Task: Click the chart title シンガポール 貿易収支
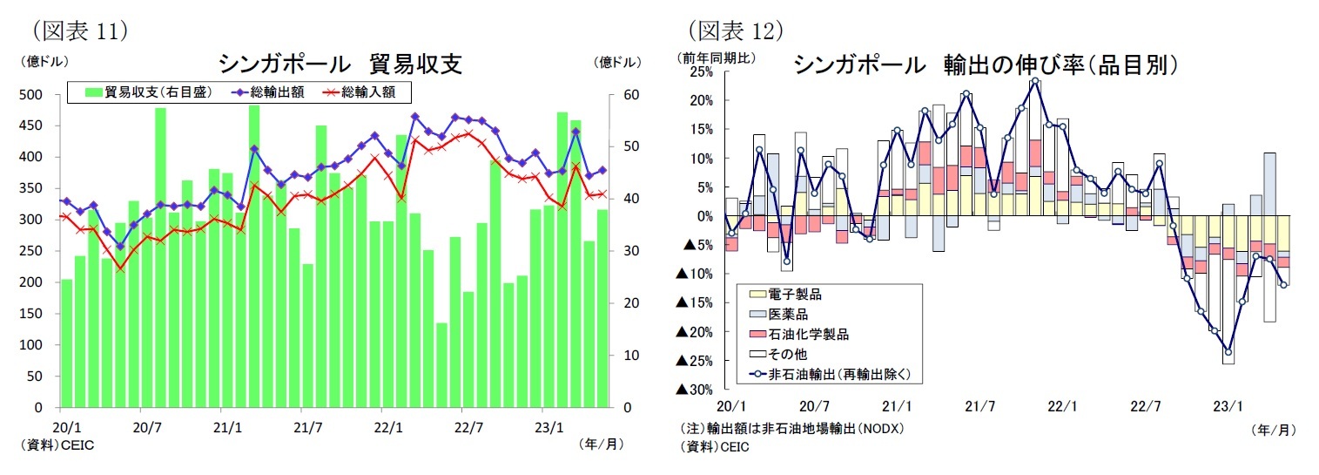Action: pos(340,64)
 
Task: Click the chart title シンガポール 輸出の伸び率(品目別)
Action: pos(986,64)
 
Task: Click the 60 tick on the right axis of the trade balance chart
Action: pos(632,94)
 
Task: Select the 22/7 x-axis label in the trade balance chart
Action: pos(468,427)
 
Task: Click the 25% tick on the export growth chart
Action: pos(701,71)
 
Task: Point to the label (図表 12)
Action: pos(737,31)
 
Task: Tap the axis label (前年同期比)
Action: pos(717,58)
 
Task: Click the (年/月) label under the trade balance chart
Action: pos(600,444)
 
